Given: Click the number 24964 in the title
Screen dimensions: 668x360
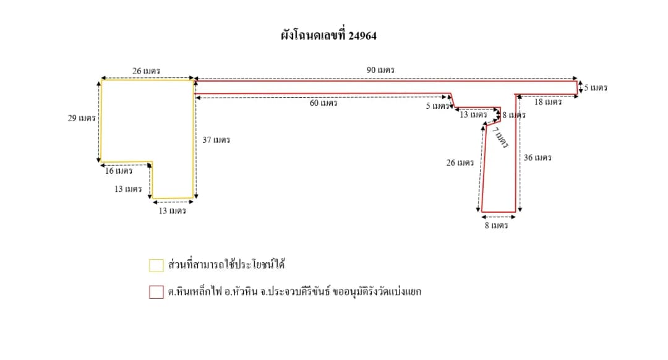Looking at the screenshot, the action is point(362,35).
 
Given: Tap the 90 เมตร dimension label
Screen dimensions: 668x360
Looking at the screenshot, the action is point(380,70).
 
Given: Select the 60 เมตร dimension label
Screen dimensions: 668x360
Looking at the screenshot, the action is point(323,103).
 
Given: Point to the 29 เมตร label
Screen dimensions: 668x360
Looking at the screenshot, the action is point(82,118).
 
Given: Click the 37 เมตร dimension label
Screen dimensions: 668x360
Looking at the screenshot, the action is point(216,140).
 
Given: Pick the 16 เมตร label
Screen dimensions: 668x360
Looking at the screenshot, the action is point(119,171).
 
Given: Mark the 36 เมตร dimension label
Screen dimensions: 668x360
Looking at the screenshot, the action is point(537,158).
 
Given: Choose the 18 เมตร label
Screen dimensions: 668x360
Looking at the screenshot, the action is point(548,102).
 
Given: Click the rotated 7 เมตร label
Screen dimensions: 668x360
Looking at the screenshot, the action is point(500,137).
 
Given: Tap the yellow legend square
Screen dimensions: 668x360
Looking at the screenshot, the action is point(156,265).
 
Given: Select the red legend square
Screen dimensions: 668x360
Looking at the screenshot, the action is point(156,292).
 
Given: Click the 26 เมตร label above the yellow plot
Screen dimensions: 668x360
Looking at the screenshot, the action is point(146,71).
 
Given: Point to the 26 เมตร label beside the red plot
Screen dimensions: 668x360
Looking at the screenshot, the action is point(460,163).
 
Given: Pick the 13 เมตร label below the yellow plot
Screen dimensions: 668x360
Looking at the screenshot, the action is point(172,211).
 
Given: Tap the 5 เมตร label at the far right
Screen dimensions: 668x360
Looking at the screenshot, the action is point(596,88).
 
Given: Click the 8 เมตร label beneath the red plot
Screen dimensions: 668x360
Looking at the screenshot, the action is point(496,225).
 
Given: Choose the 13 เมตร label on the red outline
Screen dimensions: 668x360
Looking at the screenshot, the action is point(473,114).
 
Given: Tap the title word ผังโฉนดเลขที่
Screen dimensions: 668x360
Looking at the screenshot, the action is point(313,35).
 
